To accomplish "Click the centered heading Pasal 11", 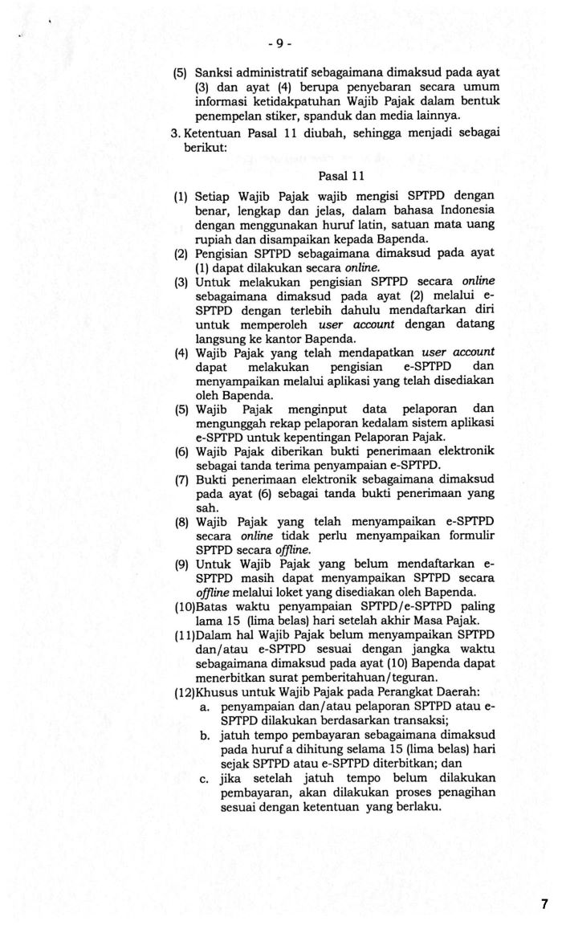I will click(340, 176).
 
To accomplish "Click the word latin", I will click(353, 224).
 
